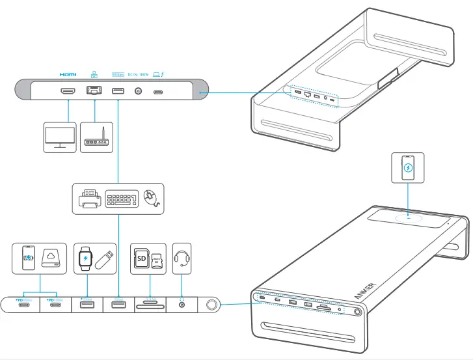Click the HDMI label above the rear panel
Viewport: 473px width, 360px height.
(68, 74)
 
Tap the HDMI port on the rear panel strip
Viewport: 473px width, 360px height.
(68, 92)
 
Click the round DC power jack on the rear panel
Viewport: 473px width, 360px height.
(138, 92)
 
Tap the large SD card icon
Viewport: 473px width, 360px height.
(141, 259)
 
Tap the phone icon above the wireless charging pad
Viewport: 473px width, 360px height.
(408, 169)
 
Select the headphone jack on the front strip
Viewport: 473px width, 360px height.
(182, 305)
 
